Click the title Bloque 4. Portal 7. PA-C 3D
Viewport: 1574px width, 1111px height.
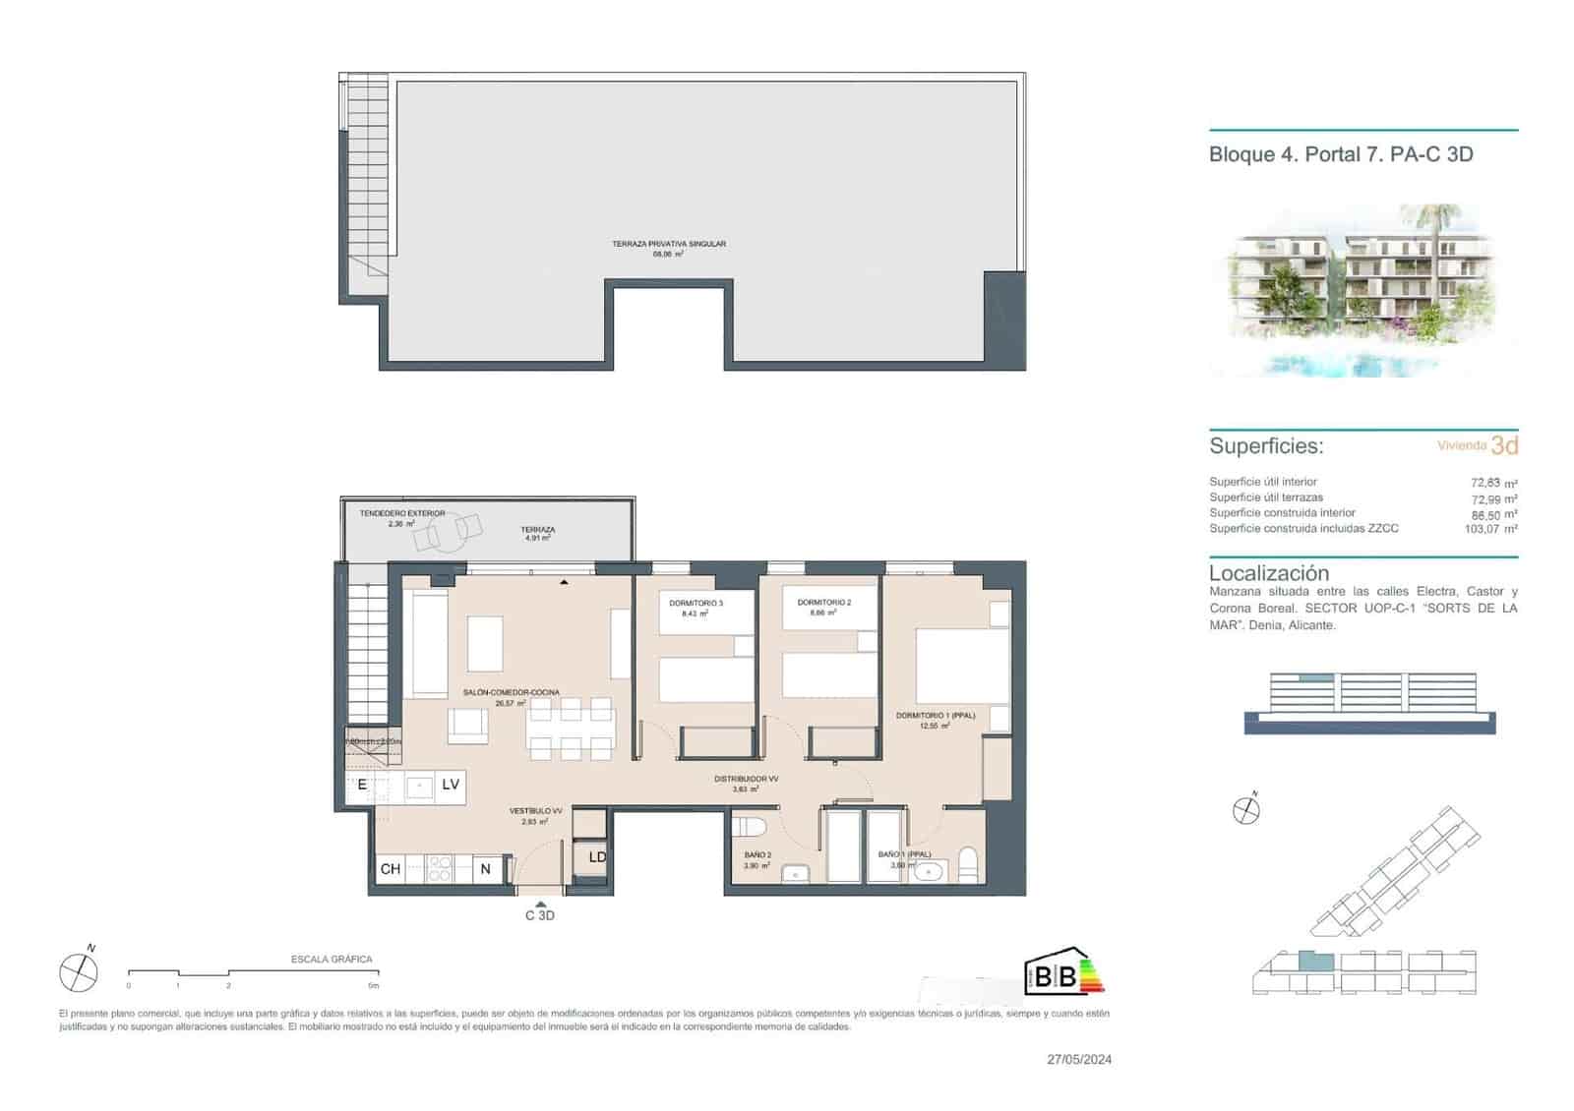1340,154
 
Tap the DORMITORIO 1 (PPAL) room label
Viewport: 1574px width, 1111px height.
935,716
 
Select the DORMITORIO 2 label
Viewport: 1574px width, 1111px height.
823,603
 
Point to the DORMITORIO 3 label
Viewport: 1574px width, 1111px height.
696,603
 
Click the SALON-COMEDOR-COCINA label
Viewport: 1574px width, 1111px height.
511,692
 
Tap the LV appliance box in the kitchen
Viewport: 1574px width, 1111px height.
451,784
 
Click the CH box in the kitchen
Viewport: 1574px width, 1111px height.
390,869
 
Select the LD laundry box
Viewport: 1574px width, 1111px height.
596,857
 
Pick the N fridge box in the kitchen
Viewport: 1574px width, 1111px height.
485,869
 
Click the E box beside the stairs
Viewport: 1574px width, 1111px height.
362,784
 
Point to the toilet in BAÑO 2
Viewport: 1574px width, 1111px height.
752,826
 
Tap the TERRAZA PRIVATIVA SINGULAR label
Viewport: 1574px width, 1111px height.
668,244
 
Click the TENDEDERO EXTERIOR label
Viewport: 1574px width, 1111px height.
401,513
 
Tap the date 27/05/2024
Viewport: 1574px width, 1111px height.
1079,1059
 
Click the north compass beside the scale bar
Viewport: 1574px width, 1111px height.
79,972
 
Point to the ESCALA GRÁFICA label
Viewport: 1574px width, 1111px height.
332,959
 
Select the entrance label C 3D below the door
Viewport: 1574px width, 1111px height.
539,915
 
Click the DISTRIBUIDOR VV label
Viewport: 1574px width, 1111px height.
746,779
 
